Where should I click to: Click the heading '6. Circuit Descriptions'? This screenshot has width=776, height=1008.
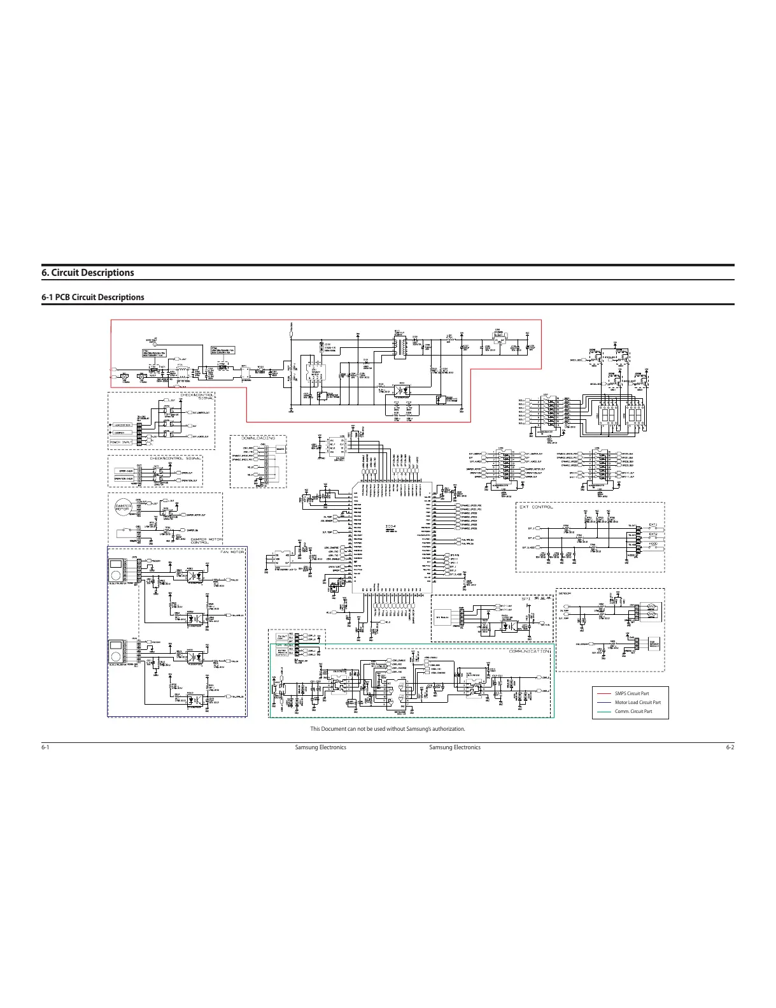click(x=88, y=273)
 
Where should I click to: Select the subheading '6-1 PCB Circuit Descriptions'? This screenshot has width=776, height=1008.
click(x=93, y=297)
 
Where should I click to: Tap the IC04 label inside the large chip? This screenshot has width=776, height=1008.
click(x=391, y=526)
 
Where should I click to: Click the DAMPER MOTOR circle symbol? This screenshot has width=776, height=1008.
click(x=122, y=507)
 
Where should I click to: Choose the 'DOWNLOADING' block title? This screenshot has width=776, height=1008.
click(x=258, y=438)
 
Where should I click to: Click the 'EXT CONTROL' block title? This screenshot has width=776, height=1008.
click(x=536, y=507)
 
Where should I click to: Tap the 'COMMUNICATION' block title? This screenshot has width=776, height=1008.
click(x=528, y=651)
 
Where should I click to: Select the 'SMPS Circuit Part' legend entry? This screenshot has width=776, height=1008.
click(x=631, y=693)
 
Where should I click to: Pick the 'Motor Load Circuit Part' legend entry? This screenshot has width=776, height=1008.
click(x=637, y=702)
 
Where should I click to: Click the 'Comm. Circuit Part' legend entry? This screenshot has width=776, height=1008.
click(x=633, y=711)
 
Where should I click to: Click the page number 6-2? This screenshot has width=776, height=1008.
click(x=730, y=747)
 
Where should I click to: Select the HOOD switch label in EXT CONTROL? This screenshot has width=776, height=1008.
click(x=653, y=543)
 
